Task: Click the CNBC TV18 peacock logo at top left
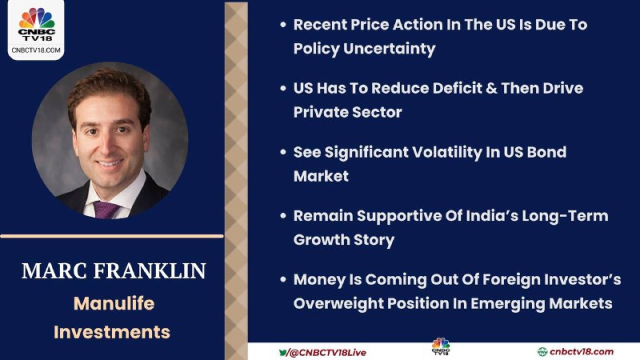(x=37, y=24)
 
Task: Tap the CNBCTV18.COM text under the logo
(x=36, y=50)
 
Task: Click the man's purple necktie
(x=106, y=210)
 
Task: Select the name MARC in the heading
(x=54, y=271)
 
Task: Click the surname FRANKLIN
(x=150, y=271)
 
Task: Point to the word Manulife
(x=114, y=304)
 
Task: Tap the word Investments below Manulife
(x=112, y=332)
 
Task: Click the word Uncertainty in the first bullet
(x=390, y=49)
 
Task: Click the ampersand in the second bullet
(x=492, y=89)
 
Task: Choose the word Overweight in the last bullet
(x=338, y=304)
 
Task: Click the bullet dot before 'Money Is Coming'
(x=283, y=279)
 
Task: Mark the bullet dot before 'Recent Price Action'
(x=283, y=25)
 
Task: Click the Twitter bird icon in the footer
(x=282, y=352)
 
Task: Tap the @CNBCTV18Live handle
(x=327, y=353)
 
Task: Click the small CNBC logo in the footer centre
(x=441, y=346)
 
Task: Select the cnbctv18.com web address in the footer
(x=582, y=352)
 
